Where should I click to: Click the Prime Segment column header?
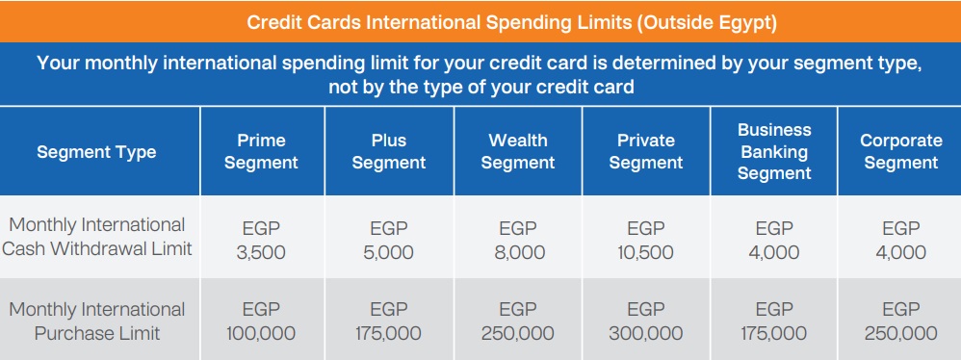[x=261, y=151]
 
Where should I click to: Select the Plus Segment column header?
[x=389, y=151]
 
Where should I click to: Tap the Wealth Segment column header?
[x=518, y=151]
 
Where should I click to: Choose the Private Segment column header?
[x=645, y=151]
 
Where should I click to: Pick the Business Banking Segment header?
[x=774, y=151]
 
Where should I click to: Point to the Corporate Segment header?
[x=901, y=151]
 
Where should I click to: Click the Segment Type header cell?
[x=96, y=152]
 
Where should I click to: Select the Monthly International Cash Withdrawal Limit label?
[x=97, y=237]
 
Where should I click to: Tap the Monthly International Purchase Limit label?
[x=97, y=321]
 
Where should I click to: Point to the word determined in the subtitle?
[x=659, y=64]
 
